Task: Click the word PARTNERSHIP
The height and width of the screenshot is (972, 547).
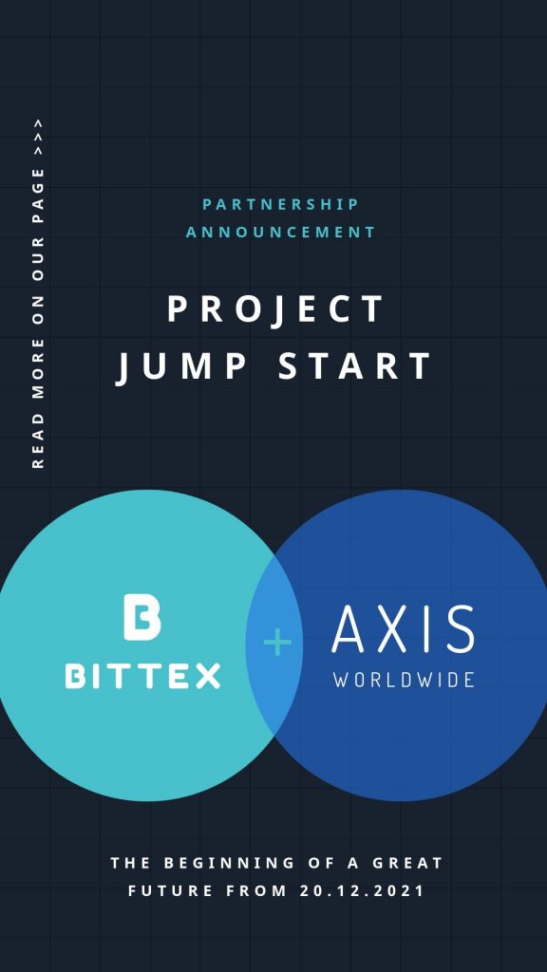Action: (281, 204)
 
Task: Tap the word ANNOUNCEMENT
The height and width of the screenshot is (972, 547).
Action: (281, 233)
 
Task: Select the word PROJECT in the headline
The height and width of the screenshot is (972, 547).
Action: (276, 308)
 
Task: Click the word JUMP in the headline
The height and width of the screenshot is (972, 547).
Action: (181, 365)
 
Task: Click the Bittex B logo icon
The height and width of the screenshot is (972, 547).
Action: (142, 617)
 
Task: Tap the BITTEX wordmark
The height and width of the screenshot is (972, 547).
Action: (142, 676)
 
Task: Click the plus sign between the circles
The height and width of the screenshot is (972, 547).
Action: (277, 643)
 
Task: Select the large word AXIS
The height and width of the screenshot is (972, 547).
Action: (403, 629)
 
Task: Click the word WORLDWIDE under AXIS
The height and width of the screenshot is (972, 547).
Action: (404, 679)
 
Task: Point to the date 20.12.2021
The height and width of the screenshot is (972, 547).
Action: (362, 890)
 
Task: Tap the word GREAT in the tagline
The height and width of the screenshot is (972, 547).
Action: (408, 862)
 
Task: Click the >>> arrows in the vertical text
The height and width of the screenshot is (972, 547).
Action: (38, 137)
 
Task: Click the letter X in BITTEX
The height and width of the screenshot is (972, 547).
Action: (208, 676)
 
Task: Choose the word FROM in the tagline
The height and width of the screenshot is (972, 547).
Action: (256, 890)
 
